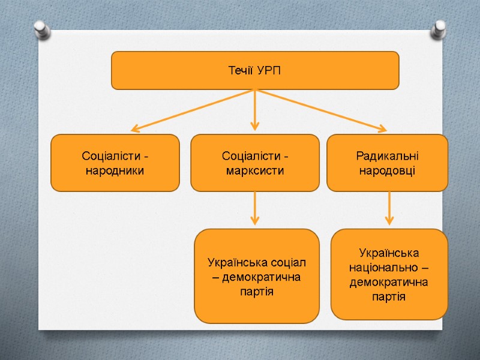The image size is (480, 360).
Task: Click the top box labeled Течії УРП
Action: click(x=255, y=70)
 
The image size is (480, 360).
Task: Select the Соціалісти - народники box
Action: click(x=115, y=163)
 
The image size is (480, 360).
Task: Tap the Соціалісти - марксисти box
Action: click(x=255, y=163)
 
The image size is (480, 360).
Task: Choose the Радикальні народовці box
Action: click(x=387, y=163)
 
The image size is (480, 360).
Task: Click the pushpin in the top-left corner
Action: click(x=41, y=29)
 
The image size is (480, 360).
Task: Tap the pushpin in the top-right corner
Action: click(x=440, y=29)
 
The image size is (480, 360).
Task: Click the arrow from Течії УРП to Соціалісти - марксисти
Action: click(x=255, y=111)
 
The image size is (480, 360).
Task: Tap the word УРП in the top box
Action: click(x=268, y=71)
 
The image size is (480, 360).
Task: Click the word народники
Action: click(x=115, y=170)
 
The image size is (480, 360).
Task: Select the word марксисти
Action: click(x=255, y=170)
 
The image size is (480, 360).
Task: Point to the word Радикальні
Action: click(x=387, y=156)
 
